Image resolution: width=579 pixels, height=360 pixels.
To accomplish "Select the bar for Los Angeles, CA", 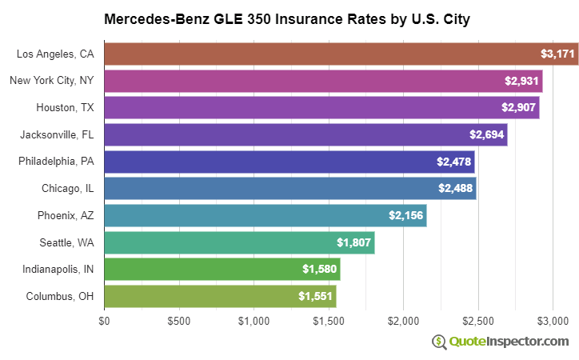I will coord(320,54).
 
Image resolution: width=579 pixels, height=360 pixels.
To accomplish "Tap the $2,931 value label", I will coord(521,82).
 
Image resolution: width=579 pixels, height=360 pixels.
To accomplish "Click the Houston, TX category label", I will coord(65,108).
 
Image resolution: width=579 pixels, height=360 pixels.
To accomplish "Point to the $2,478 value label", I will coord(453,162).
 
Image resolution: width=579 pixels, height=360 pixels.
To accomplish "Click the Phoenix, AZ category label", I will coord(66,216).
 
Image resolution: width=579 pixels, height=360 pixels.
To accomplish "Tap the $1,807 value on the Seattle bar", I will coord(353,242).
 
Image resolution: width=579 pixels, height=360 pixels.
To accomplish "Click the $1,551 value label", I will coord(315,297).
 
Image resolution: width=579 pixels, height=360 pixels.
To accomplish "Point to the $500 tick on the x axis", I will coord(178,322).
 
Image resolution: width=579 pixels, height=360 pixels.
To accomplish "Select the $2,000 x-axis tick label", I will coord(403,322).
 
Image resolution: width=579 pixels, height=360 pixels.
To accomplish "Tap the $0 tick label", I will coord(104,322).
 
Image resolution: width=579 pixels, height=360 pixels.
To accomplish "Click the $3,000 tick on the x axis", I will coord(553,322).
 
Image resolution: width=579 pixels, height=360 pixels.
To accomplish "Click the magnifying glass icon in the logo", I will coord(440,342).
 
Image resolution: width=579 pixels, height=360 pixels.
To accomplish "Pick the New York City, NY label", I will coord(52,81).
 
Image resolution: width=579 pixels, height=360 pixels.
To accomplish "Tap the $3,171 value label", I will coord(557,54).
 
